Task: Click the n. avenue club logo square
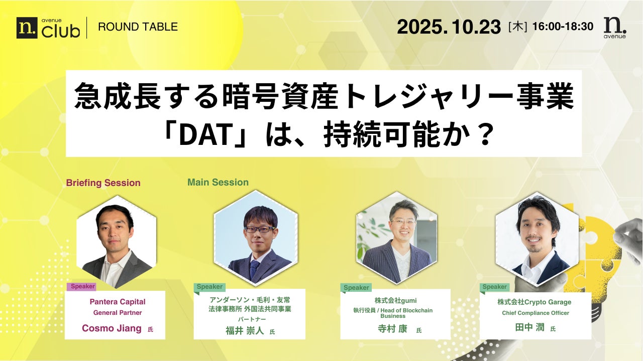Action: click(27, 28)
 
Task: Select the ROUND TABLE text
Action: click(138, 27)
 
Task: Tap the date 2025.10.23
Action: click(449, 27)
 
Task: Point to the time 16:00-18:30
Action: click(563, 27)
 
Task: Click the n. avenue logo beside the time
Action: click(615, 28)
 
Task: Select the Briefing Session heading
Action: click(103, 183)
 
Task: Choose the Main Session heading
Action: click(218, 182)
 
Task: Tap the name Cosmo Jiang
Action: click(112, 328)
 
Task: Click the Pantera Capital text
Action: click(118, 302)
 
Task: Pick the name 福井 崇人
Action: click(245, 330)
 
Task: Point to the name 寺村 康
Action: click(392, 328)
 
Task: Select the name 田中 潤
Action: click(529, 327)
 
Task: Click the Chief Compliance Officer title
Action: click(535, 313)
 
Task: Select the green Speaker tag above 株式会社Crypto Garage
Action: click(494, 287)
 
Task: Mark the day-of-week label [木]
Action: click(517, 27)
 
